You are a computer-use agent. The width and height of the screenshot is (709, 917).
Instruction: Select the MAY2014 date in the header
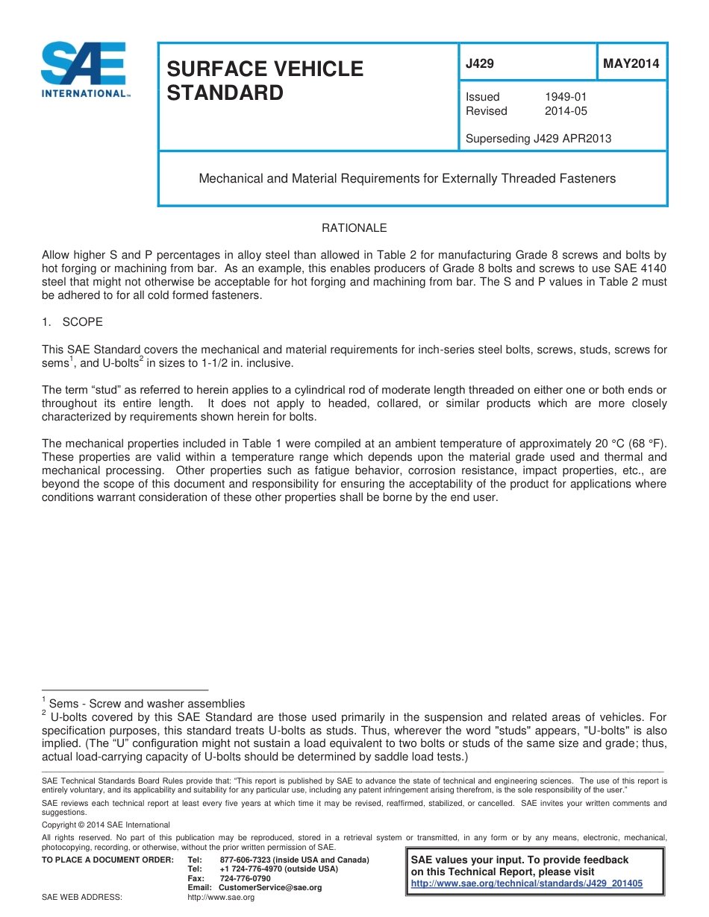pos(631,64)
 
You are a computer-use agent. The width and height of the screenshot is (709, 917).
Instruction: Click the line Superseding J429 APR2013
pos(538,139)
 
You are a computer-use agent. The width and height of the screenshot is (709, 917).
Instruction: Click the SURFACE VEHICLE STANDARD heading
pos(264,81)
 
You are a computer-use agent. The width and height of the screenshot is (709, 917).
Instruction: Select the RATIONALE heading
pos(354,228)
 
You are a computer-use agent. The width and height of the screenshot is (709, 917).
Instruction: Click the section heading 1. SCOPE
pos(72,322)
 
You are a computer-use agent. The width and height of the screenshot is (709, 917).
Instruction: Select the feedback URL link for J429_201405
pos(527,883)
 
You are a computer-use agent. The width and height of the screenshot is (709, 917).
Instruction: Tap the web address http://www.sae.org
pos(221,897)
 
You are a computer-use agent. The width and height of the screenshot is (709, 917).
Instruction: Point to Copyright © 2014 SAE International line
pos(106,825)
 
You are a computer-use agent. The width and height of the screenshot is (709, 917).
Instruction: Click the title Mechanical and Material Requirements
pos(407,179)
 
